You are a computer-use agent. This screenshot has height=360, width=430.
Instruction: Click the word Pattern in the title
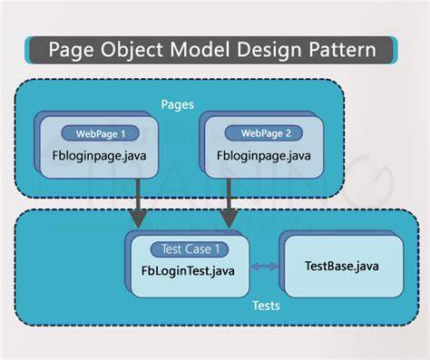342,49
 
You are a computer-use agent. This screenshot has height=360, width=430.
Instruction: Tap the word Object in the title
132,50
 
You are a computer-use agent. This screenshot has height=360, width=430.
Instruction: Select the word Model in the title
200,49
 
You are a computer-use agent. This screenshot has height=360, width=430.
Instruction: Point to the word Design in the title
269,50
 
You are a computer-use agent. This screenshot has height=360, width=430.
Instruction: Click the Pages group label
178,104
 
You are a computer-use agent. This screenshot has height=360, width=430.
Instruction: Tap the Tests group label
267,306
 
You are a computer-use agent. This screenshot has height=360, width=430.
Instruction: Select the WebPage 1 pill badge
100,133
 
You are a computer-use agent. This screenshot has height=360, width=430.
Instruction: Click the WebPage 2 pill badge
263,133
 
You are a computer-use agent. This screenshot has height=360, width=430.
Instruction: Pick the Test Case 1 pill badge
190,249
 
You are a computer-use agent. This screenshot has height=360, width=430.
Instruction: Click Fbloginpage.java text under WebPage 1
99,156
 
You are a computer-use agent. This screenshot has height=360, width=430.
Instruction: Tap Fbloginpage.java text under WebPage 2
264,156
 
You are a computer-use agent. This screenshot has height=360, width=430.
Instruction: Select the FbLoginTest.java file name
188,270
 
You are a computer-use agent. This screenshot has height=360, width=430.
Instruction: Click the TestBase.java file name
342,266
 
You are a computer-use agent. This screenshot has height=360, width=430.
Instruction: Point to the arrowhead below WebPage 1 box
138,219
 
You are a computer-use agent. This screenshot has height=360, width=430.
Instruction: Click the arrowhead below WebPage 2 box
229,219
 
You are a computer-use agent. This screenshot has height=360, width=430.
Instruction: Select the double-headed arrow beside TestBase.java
265,267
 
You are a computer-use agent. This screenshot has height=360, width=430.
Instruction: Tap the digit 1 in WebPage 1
122,134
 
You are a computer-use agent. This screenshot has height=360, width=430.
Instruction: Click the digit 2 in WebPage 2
288,133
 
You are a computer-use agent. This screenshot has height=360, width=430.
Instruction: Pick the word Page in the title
71,50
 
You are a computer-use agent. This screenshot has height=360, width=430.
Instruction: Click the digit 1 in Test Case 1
217,249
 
